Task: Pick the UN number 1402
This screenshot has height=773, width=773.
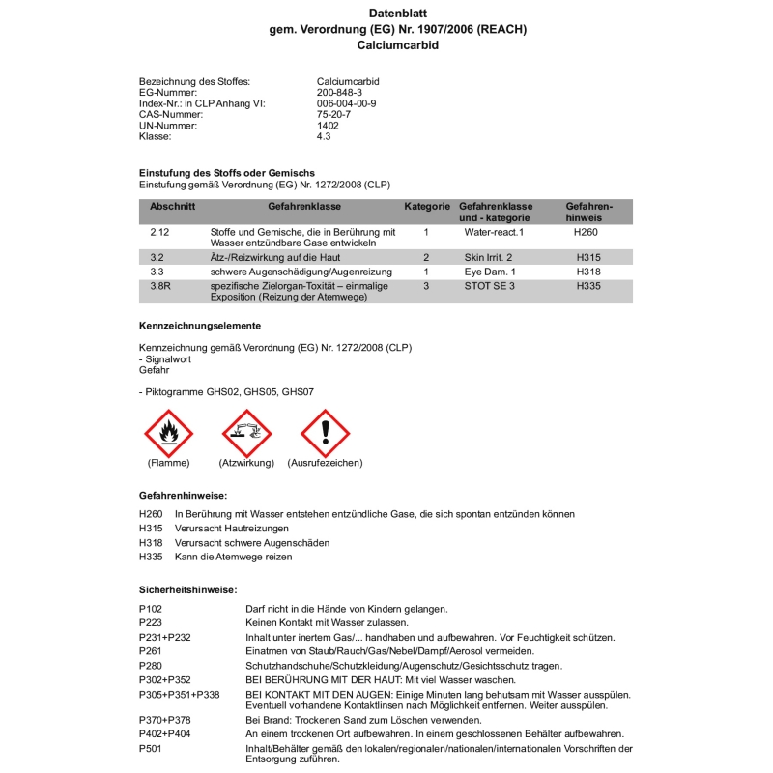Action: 328,126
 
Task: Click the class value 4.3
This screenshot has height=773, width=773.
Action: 324,136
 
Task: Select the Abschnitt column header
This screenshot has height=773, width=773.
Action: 173,207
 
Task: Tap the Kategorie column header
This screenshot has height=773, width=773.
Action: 427,207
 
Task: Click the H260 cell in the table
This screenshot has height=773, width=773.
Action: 587,233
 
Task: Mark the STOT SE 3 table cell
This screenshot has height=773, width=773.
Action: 490,287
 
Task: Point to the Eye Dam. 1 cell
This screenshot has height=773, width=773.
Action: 490,272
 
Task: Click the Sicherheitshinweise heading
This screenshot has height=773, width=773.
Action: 188,589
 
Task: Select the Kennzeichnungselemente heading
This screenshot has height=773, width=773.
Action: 200,326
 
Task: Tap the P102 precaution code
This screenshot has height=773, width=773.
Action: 151,609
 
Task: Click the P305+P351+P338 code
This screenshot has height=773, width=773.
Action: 180,695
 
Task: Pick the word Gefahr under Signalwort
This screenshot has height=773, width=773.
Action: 154,369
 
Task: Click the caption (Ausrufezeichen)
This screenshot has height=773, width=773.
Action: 325,464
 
